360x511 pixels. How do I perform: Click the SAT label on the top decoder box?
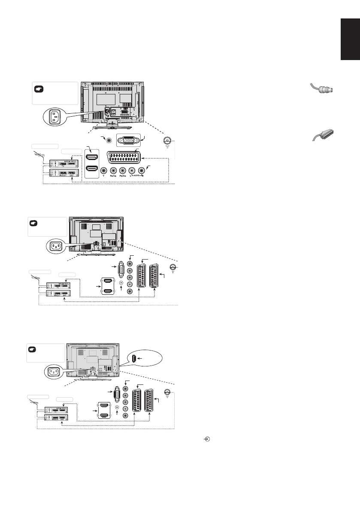point(73,175)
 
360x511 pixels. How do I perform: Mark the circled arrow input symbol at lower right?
point(208,439)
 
